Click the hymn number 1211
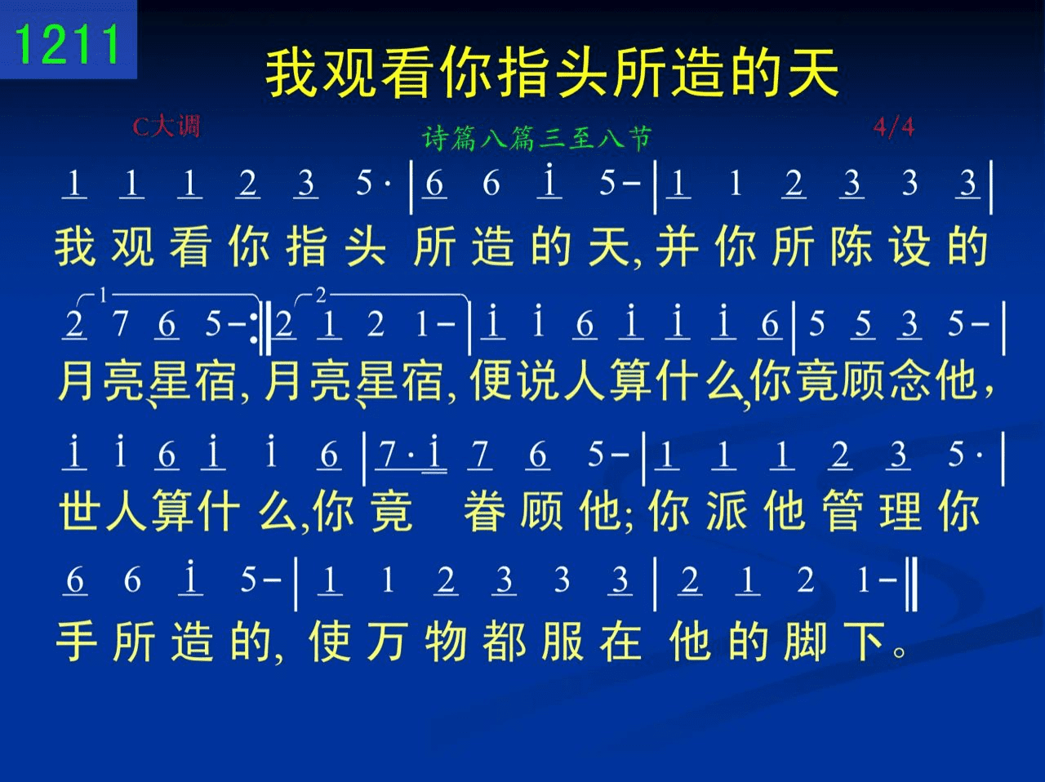(x=67, y=44)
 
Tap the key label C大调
(x=166, y=127)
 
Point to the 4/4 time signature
(x=894, y=127)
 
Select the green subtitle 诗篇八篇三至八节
(x=536, y=138)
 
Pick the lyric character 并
(x=677, y=246)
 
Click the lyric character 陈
(x=852, y=246)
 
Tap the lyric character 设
(x=909, y=246)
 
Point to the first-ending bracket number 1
(x=104, y=295)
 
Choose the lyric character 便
(x=491, y=380)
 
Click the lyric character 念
(x=910, y=380)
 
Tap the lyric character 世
(x=79, y=509)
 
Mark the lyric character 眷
(x=485, y=509)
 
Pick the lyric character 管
(x=843, y=509)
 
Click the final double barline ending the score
(x=911, y=584)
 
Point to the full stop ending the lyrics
(x=899, y=651)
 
